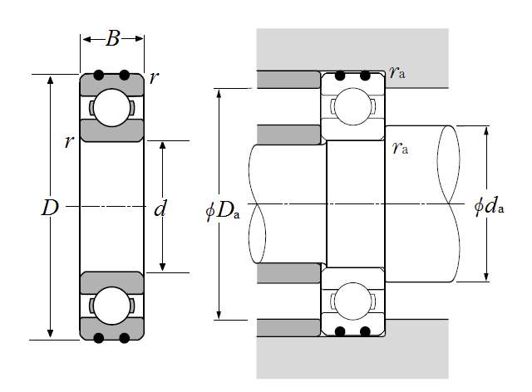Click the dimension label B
pyautogui.click(x=113, y=38)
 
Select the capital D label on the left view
pyautogui.click(x=50, y=208)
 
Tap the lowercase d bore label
pyautogui.click(x=160, y=208)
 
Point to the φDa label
pyautogui.click(x=223, y=211)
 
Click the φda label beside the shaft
pyautogui.click(x=489, y=205)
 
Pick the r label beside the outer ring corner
pyautogui.click(x=154, y=78)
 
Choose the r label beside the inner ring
pyautogui.click(x=69, y=142)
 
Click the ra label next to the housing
pyautogui.click(x=397, y=72)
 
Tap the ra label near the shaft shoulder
pyautogui.click(x=400, y=148)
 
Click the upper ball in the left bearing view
pyautogui.click(x=111, y=108)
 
